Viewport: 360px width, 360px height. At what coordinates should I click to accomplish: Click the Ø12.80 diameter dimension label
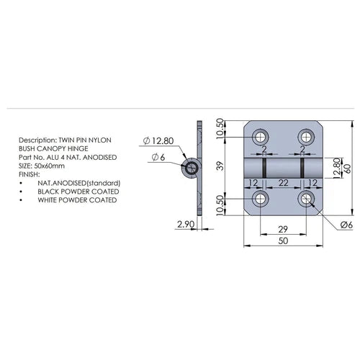pos(160,139)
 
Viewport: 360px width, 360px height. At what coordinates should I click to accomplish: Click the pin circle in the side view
pos(192,168)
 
